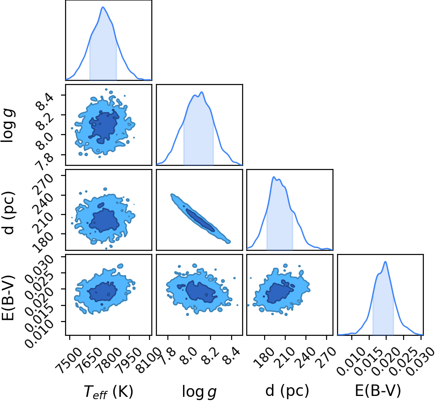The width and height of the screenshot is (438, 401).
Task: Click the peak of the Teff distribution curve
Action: coord(103,7)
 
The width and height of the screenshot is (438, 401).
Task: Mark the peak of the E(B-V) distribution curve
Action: coord(385,262)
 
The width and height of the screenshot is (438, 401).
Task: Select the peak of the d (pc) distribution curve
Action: coord(274,177)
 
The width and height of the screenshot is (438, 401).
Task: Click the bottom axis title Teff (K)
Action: coord(108,391)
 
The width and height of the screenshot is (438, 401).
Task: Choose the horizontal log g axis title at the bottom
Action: coord(199,391)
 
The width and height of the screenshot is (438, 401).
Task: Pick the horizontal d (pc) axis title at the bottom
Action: coord(287,390)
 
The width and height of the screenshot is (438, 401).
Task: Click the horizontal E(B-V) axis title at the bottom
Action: coord(377,390)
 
